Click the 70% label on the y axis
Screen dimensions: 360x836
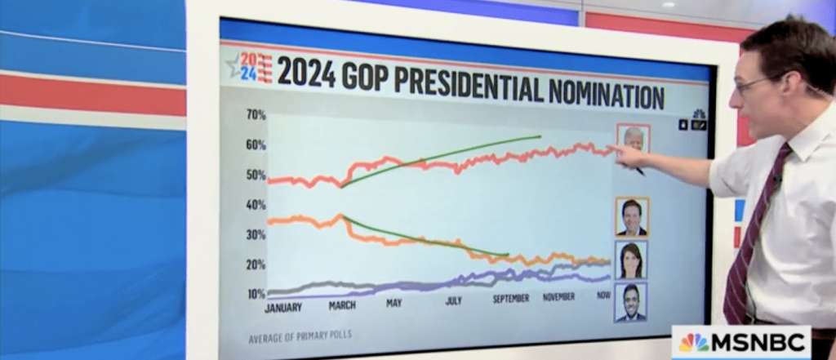coord(256,115)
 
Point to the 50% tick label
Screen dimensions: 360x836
coord(256,175)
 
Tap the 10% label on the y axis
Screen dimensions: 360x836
coord(256,294)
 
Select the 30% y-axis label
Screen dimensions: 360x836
coord(256,235)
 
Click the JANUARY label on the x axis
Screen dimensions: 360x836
coord(283,308)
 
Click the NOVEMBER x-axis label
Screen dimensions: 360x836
coord(558,296)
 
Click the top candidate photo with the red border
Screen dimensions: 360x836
coord(633,138)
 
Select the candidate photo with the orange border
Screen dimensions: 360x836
coord(632,217)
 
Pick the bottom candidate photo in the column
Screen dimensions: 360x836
coord(630,302)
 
